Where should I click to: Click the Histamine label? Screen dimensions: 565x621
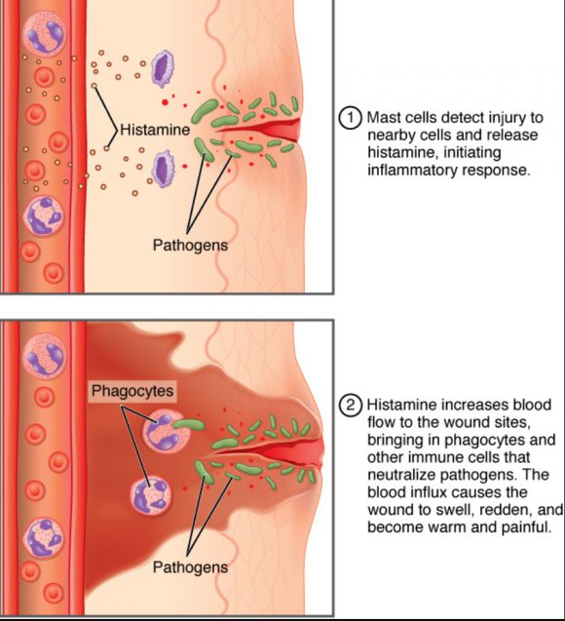(x=155, y=130)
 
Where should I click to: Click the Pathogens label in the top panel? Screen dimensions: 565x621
(x=190, y=245)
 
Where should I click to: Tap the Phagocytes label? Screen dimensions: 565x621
(x=132, y=391)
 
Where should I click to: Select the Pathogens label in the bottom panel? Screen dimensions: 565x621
(x=190, y=567)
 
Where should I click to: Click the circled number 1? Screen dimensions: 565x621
(x=351, y=118)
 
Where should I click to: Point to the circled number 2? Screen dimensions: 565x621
(x=351, y=406)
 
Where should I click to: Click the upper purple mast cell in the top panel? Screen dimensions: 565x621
(x=163, y=68)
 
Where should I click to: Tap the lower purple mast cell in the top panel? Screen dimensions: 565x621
(x=163, y=169)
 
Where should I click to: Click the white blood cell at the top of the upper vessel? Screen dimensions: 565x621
(x=44, y=33)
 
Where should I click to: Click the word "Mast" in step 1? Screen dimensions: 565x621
(x=382, y=118)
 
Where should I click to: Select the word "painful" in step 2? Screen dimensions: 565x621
(x=526, y=527)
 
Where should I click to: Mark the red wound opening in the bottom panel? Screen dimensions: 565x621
(x=270, y=449)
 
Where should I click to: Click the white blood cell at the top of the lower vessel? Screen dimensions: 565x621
(x=44, y=355)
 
